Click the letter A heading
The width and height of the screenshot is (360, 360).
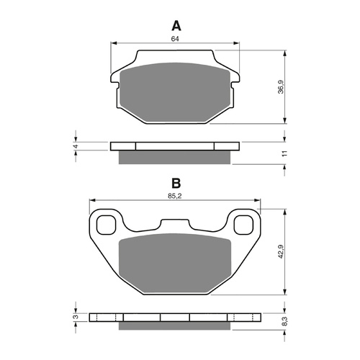point(175,27)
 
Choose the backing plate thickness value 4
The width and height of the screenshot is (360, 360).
point(74,146)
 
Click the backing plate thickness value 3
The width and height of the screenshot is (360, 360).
point(74,317)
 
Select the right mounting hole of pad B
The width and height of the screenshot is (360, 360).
point(245,224)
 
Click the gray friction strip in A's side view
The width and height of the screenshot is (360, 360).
point(174,157)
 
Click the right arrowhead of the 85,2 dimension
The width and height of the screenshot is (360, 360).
point(261,201)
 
